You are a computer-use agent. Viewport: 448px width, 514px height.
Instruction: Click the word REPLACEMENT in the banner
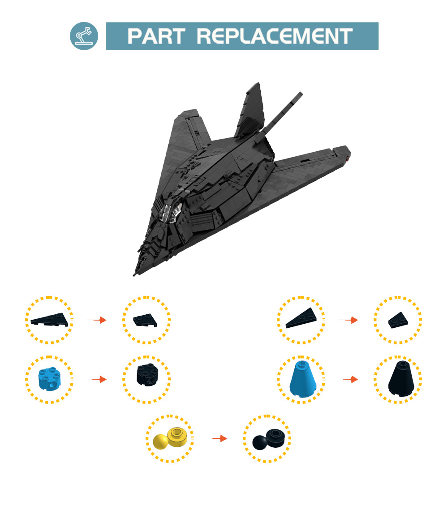[275, 36]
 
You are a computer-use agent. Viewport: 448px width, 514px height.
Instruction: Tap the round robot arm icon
[84, 36]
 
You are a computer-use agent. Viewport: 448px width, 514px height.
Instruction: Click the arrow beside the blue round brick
[99, 380]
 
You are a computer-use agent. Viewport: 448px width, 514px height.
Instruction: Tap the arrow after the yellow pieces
[220, 439]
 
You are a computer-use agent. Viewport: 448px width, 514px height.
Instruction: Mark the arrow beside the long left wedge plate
[96, 320]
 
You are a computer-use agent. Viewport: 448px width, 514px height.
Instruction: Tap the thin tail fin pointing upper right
[282, 110]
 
